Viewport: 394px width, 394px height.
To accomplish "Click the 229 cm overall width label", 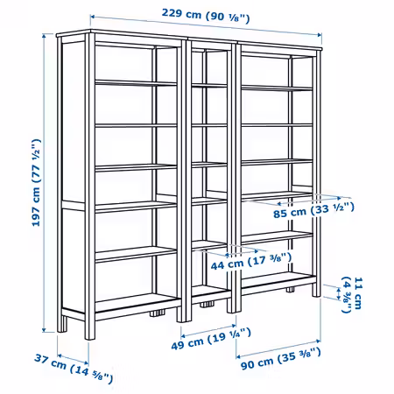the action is [x=206, y=16].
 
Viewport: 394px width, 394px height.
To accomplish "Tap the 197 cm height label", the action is [x=36, y=183].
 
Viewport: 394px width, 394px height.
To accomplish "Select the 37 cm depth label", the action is [x=74, y=368].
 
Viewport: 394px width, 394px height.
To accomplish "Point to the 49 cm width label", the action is [x=211, y=339].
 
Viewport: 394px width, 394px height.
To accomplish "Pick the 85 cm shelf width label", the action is [x=313, y=210].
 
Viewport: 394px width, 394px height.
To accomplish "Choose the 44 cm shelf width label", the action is [x=251, y=262].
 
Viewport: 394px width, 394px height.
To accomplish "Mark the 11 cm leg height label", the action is [x=352, y=294].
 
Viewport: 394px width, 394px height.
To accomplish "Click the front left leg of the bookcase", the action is [x=90, y=327].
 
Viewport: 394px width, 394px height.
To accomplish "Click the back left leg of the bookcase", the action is [x=61, y=323].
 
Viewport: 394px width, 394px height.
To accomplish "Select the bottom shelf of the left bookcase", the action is [x=137, y=302].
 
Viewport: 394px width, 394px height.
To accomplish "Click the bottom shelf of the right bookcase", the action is [x=278, y=278].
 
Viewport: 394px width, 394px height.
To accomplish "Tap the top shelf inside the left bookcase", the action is [x=136, y=83].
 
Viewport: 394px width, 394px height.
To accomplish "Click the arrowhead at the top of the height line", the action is [x=44, y=36].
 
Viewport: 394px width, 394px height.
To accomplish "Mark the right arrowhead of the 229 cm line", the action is [x=320, y=35].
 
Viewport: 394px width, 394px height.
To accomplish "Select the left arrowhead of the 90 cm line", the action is [x=238, y=356].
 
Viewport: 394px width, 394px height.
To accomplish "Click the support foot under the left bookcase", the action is [x=158, y=313].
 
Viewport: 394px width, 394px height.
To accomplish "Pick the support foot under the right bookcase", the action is [x=291, y=290].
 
